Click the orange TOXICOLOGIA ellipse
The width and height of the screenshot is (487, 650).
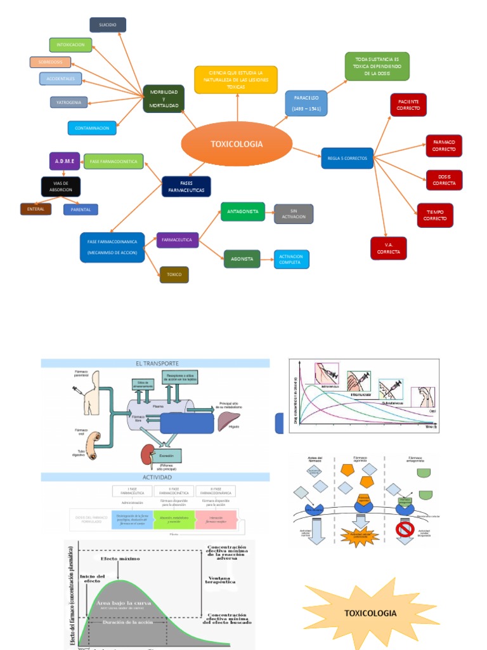[237, 144]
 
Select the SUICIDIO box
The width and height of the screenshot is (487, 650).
[108, 25]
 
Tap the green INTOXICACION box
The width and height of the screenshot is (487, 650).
[71, 45]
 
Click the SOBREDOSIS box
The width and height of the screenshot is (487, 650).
[50, 62]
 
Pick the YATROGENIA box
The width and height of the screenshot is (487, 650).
[68, 102]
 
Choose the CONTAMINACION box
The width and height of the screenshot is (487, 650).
[92, 128]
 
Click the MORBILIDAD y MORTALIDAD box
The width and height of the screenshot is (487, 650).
[164, 99]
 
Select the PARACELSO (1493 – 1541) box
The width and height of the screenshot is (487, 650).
[306, 103]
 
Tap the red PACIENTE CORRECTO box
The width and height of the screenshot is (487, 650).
[408, 105]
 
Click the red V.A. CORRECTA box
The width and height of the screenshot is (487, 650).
[388, 248]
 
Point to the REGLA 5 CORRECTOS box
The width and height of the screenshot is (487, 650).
[347, 158]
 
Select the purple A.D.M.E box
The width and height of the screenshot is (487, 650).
[65, 161]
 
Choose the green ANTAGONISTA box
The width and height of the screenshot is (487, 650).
[242, 211]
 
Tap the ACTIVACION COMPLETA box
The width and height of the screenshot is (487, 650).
[291, 259]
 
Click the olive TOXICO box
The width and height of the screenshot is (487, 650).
[174, 274]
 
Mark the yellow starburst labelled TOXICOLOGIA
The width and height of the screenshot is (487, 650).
[371, 613]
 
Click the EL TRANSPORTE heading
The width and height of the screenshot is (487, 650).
[155, 363]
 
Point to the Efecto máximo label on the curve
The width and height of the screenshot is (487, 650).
[119, 559]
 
